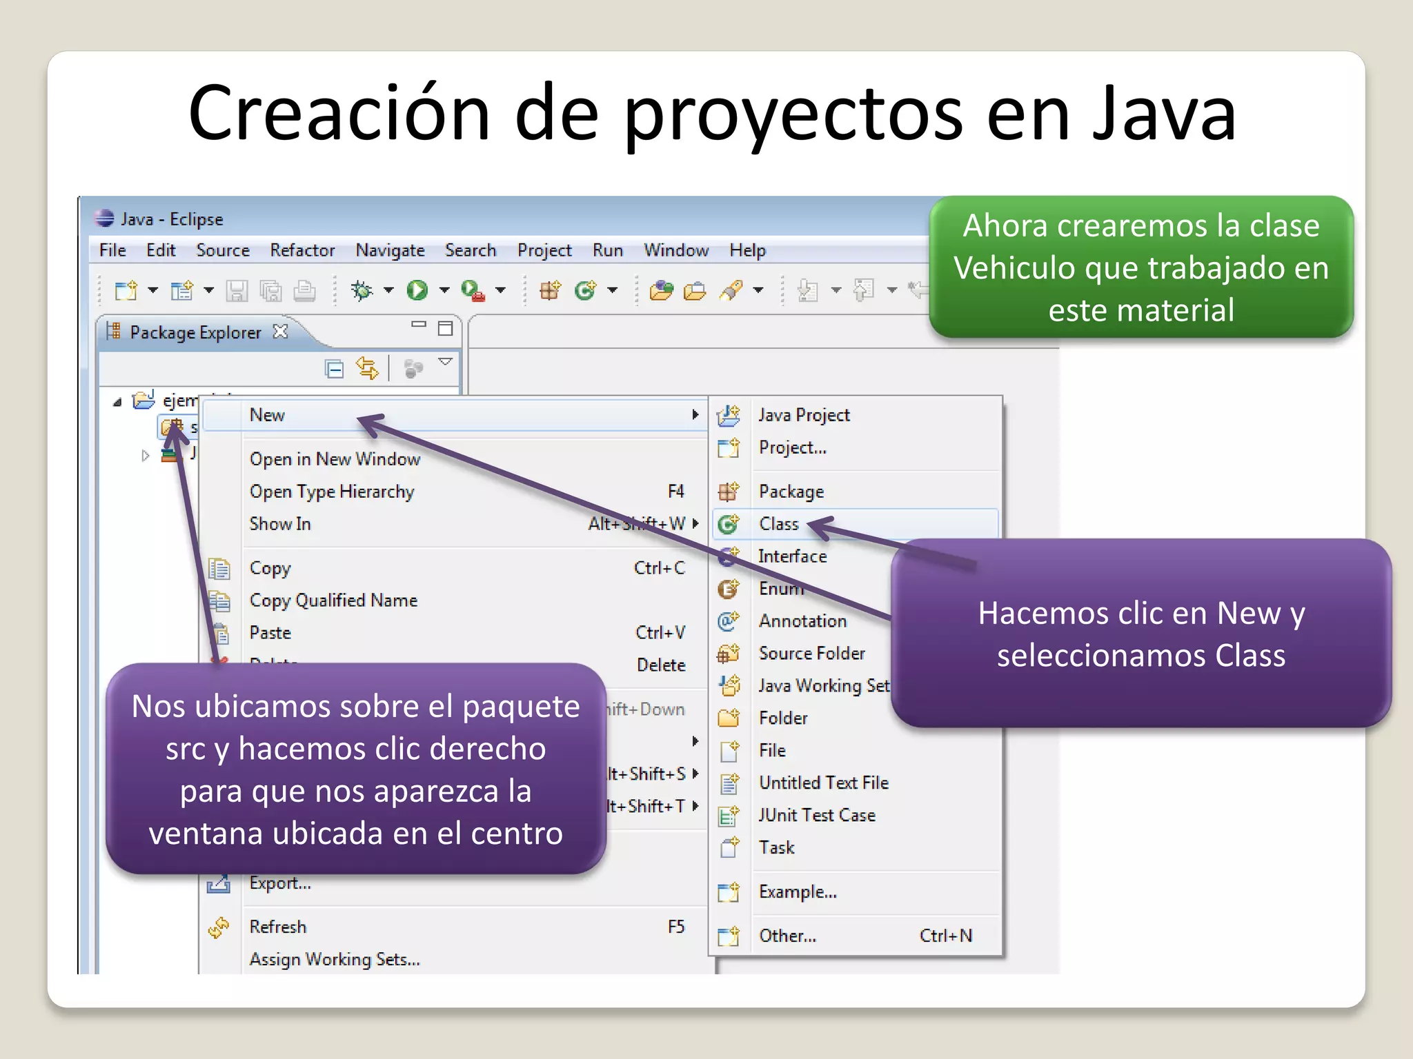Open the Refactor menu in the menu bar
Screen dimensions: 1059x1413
point(302,250)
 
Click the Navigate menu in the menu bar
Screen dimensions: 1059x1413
point(390,250)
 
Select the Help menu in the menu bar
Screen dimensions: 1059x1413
point(747,250)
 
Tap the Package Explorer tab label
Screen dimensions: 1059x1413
point(195,332)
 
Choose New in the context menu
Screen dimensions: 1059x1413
point(268,415)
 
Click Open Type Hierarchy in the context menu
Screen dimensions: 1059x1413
point(332,492)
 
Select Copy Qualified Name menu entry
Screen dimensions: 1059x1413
point(333,601)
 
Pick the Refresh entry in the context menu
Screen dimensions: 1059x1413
point(278,927)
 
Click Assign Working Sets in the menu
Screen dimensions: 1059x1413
point(335,959)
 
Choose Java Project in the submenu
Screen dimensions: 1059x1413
point(804,415)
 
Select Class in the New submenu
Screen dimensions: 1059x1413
point(779,524)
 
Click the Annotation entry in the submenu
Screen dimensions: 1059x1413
point(802,621)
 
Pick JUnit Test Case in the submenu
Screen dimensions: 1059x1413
point(817,815)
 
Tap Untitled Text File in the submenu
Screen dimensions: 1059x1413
point(824,783)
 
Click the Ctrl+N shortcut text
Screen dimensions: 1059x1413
point(946,936)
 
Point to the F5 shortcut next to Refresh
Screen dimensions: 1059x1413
point(676,927)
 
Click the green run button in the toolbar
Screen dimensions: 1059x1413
point(417,290)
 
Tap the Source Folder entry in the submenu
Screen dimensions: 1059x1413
point(811,653)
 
